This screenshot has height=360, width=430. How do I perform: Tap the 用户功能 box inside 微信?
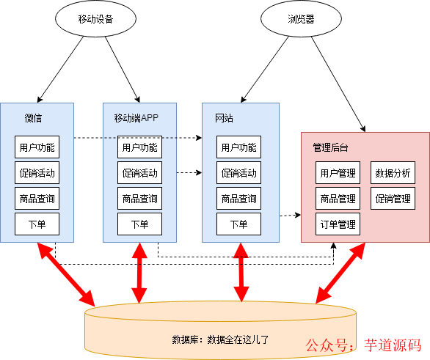click(x=37, y=147)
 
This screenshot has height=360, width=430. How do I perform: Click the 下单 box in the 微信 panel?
click(x=37, y=224)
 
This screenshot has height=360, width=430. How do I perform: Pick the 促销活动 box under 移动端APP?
click(x=139, y=174)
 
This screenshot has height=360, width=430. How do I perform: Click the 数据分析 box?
click(x=393, y=174)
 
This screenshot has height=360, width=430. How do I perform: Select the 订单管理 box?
click(x=338, y=224)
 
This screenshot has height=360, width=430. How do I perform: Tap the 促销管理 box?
click(x=393, y=199)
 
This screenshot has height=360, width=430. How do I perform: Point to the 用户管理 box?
click(x=338, y=174)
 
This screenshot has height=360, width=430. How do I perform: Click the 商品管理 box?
click(x=338, y=199)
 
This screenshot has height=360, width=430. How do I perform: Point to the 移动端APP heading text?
click(x=136, y=118)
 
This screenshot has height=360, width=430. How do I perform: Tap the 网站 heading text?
click(x=224, y=118)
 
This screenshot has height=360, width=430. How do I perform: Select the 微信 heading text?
click(x=33, y=118)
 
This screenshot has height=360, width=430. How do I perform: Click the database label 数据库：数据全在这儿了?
click(x=220, y=339)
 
